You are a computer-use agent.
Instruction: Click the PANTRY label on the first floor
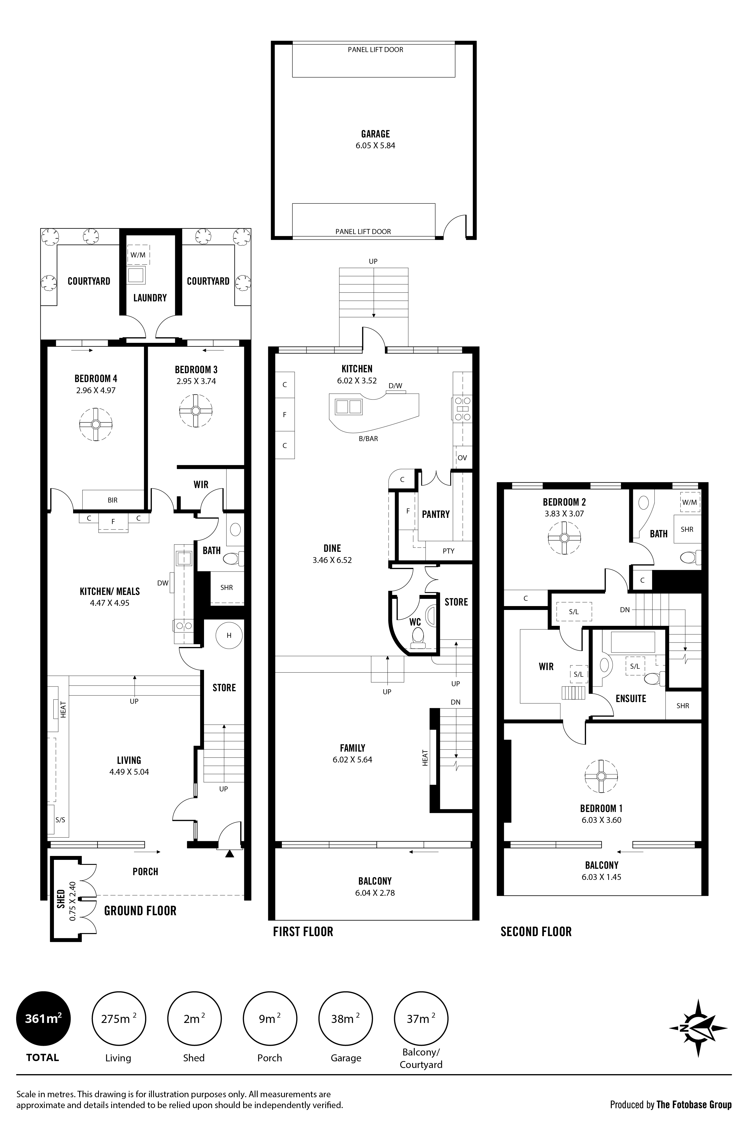pos(436,514)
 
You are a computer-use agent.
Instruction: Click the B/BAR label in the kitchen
pos(368,438)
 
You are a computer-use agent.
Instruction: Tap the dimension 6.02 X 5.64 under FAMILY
pos(352,759)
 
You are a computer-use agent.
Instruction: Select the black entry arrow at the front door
pos(229,854)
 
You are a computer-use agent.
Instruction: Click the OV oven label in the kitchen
pos(462,457)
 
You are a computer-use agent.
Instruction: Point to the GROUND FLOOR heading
pos(140,911)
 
